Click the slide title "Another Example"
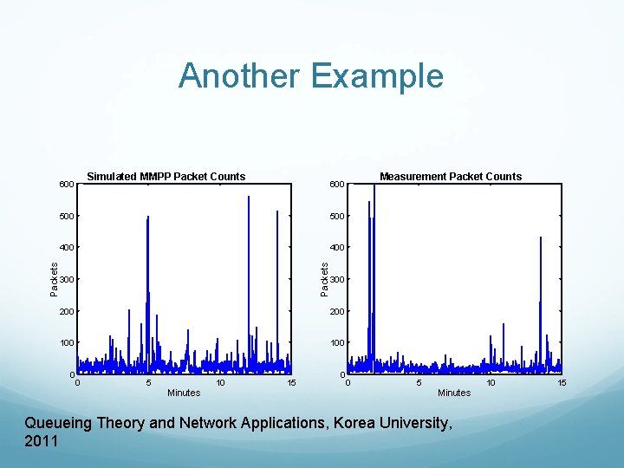point(311,76)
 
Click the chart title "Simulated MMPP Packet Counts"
point(166,177)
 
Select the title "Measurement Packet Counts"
point(451,177)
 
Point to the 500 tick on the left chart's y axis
point(67,216)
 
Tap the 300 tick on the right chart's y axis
point(337,279)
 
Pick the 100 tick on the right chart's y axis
point(337,343)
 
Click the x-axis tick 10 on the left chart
point(220,382)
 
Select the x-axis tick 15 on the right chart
point(562,382)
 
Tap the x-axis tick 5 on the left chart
point(149,382)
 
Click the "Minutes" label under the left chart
point(184,393)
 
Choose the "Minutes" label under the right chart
point(454,393)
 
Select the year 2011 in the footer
point(42,441)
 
